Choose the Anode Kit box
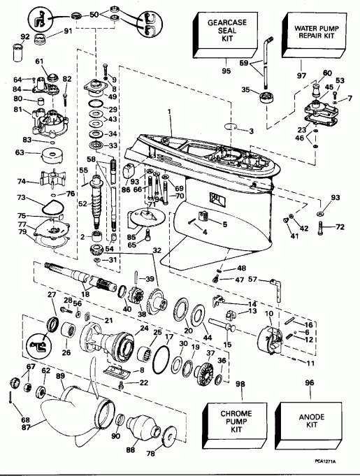pyautogui.click(x=310, y=421)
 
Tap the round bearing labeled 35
pyautogui.click(x=265, y=95)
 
